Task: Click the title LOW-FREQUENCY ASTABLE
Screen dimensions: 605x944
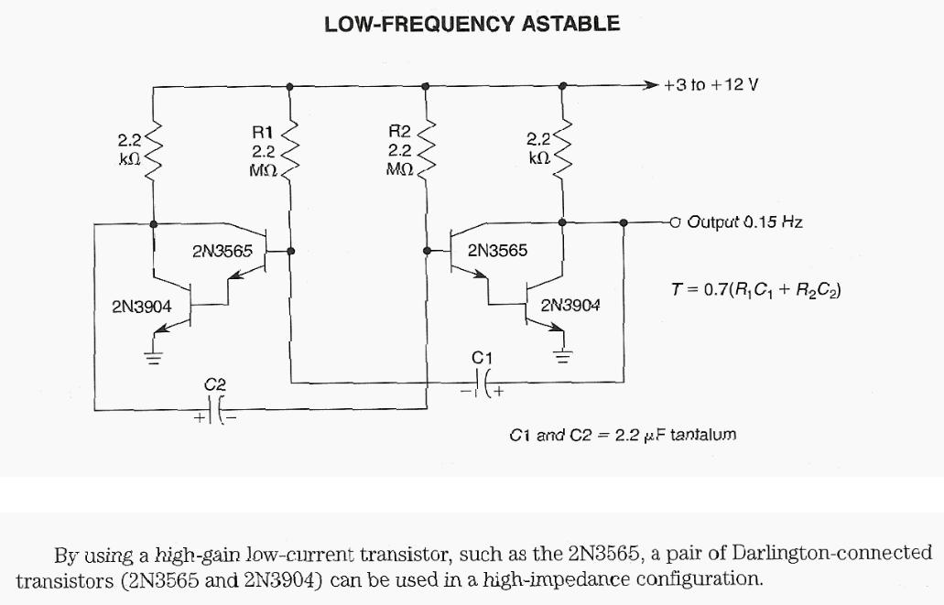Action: (x=472, y=24)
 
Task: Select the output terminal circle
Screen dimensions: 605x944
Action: (x=676, y=221)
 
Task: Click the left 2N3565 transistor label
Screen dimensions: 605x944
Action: (x=222, y=250)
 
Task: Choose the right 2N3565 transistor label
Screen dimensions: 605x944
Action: (x=497, y=250)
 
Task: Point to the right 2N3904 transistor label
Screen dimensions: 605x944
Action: (x=570, y=306)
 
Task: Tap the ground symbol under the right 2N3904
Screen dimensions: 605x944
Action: (x=562, y=355)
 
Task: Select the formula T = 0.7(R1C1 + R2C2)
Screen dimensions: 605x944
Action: (x=756, y=290)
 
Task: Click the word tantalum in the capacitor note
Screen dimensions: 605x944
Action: (x=703, y=435)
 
